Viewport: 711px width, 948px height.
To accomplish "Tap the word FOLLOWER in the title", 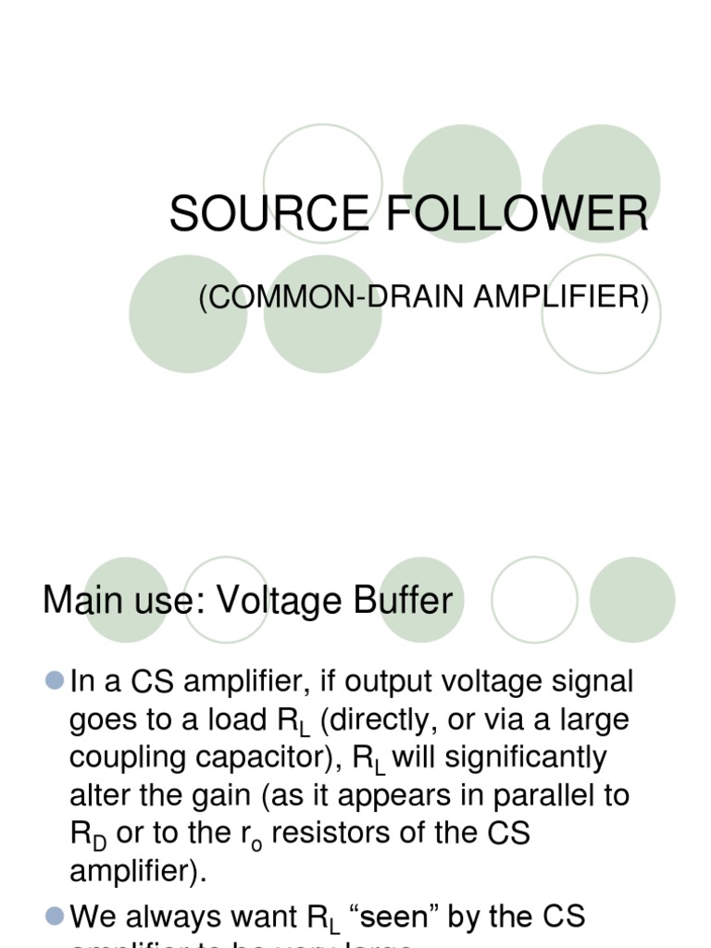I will pyautogui.click(x=517, y=215).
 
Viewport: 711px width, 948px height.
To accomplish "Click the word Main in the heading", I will pyautogui.click(x=83, y=601).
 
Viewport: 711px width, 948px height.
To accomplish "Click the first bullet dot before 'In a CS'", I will pyautogui.click(x=54, y=681).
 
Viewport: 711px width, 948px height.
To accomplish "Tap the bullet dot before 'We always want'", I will pyautogui.click(x=54, y=916).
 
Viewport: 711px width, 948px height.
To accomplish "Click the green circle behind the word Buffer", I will pyautogui.click(x=420, y=601).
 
